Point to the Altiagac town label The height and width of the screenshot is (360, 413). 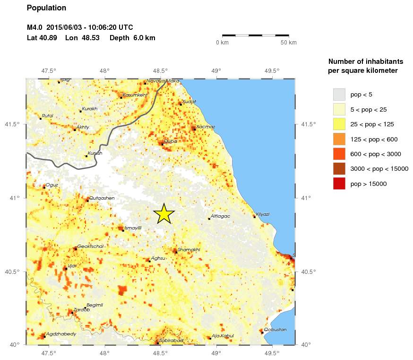220,216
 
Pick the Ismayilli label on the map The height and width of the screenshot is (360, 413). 132,228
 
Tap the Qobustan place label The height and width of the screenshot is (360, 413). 275,329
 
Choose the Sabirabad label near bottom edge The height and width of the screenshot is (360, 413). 171,340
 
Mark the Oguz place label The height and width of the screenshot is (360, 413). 52,185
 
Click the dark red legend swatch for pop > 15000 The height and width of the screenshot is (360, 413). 339,184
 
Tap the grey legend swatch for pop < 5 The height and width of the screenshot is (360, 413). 339,95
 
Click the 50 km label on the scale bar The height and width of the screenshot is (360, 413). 289,43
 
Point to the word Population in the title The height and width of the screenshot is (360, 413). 47,8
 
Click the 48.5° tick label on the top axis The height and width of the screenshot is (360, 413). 160,71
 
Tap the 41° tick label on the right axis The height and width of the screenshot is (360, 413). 306,198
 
